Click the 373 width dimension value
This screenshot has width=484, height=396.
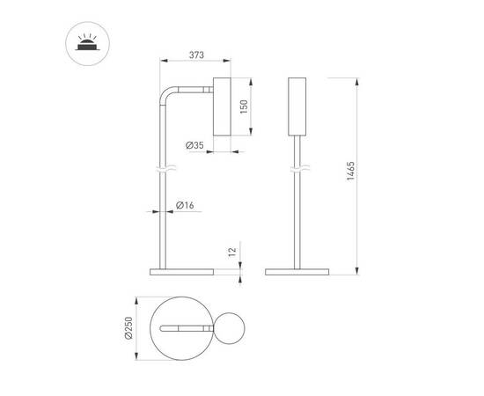pyautogui.click(x=196, y=55)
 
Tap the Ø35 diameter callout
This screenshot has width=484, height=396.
pyautogui.click(x=195, y=144)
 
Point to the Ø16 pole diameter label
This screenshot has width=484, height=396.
pyautogui.click(x=184, y=205)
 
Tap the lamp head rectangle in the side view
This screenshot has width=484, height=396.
pyautogui.click(x=223, y=107)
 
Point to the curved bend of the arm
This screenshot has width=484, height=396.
pyautogui.click(x=165, y=94)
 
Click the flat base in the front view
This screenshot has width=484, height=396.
pyautogui.click(x=297, y=269)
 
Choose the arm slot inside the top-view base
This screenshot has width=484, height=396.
pyautogui.click(x=186, y=328)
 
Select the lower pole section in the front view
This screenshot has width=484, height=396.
pyautogui.click(x=297, y=220)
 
